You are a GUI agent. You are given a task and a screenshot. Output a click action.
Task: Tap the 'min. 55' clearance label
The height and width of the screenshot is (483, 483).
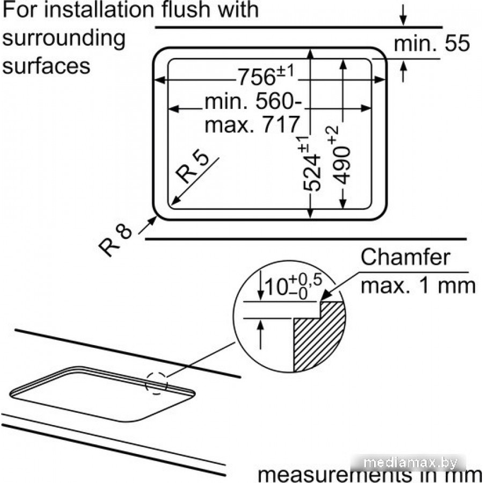pyautogui.click(x=431, y=44)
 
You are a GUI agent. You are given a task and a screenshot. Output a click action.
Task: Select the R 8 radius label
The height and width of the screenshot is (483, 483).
pyautogui.click(x=115, y=239)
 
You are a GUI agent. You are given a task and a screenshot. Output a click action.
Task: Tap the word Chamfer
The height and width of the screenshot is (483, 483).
pyautogui.click(x=405, y=257)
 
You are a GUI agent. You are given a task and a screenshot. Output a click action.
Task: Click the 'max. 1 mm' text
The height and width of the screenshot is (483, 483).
pyautogui.click(x=418, y=285)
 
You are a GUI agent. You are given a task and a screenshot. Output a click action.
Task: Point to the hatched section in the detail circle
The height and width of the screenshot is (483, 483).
pyautogui.click(x=318, y=338)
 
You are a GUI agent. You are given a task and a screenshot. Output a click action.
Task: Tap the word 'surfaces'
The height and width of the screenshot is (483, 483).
pyautogui.click(x=46, y=65)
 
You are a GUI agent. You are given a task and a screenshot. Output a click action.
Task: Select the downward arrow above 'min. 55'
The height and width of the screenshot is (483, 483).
pyautogui.click(x=404, y=17)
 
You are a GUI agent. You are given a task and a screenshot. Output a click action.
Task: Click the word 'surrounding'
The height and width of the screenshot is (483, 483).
pyautogui.click(x=64, y=38)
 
